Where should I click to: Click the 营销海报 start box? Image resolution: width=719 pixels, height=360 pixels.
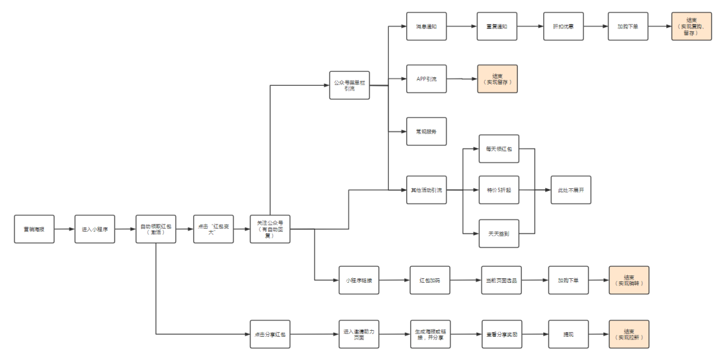34,229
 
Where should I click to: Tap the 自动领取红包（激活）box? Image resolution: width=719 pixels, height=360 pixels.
156,229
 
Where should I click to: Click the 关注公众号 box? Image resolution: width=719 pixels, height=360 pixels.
270,229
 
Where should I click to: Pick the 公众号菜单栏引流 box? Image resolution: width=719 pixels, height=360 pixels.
350,85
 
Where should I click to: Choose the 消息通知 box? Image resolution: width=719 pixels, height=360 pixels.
426,27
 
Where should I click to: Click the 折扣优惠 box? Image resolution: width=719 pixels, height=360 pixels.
563,27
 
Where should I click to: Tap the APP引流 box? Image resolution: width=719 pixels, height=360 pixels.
426,79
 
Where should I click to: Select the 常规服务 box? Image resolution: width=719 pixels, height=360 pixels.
426,132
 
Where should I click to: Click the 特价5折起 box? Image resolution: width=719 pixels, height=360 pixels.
499,190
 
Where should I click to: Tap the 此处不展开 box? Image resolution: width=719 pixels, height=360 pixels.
571,190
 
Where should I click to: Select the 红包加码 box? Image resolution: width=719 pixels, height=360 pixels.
429,281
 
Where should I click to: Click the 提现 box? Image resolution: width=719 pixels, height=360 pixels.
568,334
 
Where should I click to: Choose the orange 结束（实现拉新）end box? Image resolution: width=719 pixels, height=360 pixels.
628,334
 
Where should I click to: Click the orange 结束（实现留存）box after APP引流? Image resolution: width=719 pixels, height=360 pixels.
497,79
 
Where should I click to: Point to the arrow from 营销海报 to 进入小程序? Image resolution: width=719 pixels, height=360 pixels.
64,229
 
